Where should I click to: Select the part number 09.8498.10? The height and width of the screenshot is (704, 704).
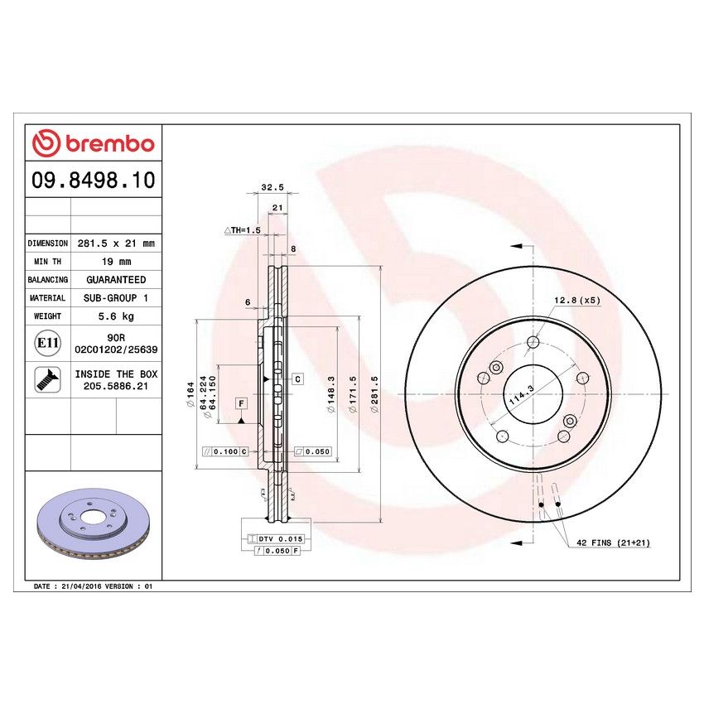[x=93, y=180]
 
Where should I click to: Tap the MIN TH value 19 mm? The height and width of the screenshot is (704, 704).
[x=116, y=262]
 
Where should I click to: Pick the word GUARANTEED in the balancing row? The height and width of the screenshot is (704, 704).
[x=116, y=280]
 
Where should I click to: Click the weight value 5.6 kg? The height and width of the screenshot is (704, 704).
[x=116, y=316]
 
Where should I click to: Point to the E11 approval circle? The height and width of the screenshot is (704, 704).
[x=46, y=342]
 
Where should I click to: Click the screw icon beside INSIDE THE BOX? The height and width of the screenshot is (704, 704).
[x=46, y=379]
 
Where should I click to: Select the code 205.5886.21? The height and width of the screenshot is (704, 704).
[x=116, y=386]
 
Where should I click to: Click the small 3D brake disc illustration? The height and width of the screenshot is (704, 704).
[x=92, y=528]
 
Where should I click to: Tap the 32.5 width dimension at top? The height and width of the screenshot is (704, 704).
[x=267, y=188]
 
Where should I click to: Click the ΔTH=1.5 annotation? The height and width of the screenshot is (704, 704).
[x=243, y=229]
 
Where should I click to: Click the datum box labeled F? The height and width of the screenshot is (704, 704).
[x=241, y=403]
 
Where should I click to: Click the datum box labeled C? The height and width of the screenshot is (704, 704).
[x=297, y=379]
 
